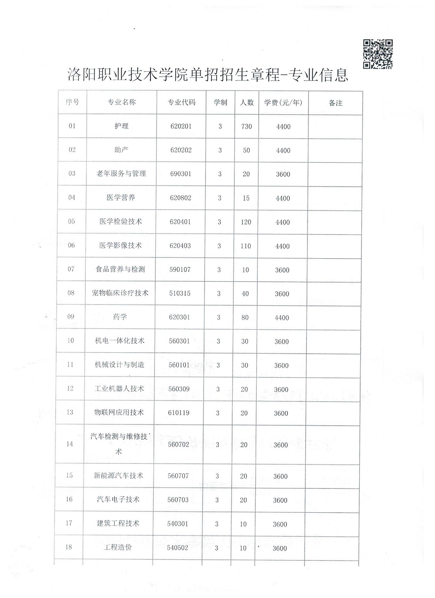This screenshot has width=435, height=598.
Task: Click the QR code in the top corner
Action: point(378,54)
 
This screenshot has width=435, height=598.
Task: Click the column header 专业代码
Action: point(181,103)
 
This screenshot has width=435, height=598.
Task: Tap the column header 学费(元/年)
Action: point(283,103)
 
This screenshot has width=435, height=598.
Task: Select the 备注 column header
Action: point(335,103)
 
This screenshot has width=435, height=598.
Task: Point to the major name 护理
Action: point(121,126)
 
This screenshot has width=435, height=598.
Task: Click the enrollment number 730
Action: point(246,127)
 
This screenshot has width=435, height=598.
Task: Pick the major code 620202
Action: point(181,150)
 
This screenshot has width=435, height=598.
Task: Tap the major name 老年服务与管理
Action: point(121,174)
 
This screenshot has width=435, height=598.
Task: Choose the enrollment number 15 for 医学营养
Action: point(246,198)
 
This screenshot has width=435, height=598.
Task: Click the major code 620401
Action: point(181,222)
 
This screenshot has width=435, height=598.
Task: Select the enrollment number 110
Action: point(246,246)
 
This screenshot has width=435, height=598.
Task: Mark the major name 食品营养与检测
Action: point(120,269)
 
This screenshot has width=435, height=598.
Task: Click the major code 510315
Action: point(180,294)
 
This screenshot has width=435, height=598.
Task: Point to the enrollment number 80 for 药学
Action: point(245,317)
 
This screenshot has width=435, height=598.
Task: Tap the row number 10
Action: point(70,341)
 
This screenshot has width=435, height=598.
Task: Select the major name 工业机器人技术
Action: point(119,388)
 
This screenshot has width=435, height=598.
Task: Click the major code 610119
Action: point(179,413)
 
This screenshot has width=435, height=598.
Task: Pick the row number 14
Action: point(70,444)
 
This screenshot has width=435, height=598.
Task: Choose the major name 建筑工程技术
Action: point(118,523)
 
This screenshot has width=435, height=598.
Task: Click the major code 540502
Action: point(177,548)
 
